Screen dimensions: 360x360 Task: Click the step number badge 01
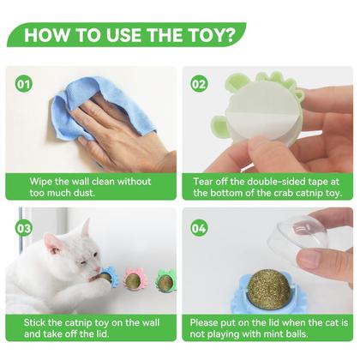(x=23, y=85)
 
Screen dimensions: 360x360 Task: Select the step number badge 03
(x=23, y=228)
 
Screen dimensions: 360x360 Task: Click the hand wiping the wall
(x=120, y=129)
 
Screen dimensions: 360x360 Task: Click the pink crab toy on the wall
(x=135, y=280)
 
